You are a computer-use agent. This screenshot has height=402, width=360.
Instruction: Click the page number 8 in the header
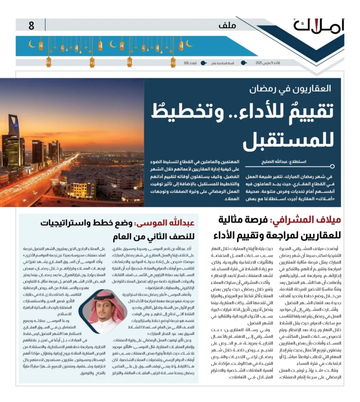(x=31, y=25)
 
